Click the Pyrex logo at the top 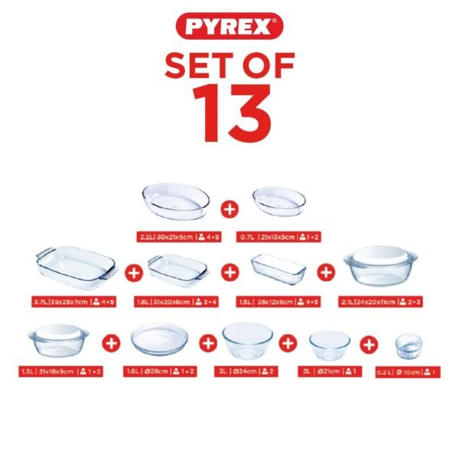(229, 28)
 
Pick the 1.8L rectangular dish (177, 269)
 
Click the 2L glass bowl (329, 343)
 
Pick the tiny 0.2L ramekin (409, 347)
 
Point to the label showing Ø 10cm (409, 372)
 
